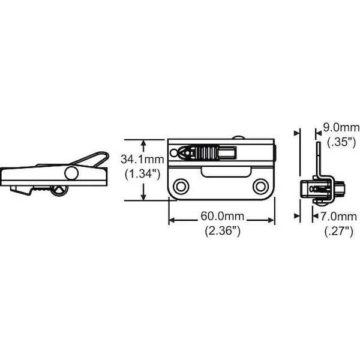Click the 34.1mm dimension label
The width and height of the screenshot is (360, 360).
(142, 159)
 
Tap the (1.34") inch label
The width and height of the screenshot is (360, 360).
(142, 174)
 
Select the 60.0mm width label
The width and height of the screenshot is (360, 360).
(222, 216)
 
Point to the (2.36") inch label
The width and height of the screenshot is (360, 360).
(223, 231)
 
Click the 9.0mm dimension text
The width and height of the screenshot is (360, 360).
(341, 127)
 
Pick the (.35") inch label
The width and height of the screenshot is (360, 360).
(341, 142)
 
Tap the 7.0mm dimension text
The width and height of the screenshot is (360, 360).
(338, 217)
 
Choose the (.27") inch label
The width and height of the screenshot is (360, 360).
(338, 231)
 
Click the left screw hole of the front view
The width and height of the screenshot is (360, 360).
(181, 187)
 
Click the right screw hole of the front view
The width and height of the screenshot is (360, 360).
(260, 187)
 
